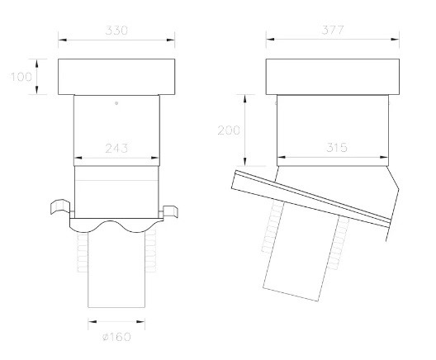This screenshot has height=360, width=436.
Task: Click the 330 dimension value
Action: (116, 31)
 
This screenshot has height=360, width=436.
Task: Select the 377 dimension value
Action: (333, 30)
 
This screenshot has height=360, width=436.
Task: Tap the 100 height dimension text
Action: (21, 77)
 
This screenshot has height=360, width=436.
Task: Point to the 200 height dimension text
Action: (229, 130)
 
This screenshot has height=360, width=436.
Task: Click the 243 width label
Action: (116, 148)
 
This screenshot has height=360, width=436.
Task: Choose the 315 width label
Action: (337, 147)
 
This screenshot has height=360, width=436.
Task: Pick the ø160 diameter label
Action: (116, 337)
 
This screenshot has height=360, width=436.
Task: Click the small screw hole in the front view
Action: (116, 103)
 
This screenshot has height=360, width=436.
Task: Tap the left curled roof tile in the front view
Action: (60, 206)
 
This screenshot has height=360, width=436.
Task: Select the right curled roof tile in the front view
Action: (170, 211)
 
